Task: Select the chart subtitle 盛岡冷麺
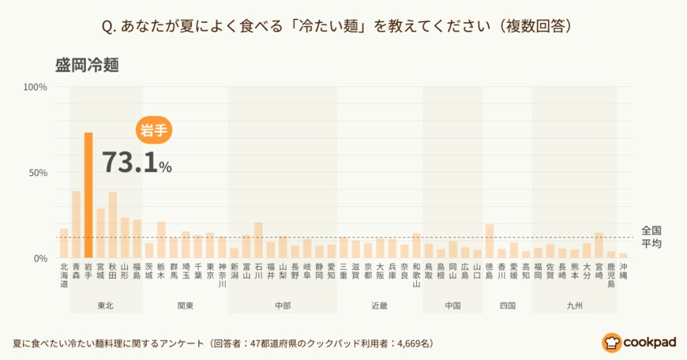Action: click(87, 65)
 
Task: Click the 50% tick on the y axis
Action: click(38, 172)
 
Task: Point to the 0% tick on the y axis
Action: click(40, 258)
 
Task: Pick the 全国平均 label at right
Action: click(651, 236)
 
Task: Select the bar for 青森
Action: click(77, 225)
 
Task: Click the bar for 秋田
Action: click(113, 225)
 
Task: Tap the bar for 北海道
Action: click(64, 243)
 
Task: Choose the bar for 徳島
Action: click(490, 241)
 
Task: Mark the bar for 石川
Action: click(258, 240)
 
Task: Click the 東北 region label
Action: click(106, 305)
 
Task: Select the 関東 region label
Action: click(186, 305)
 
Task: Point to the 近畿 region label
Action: click(380, 305)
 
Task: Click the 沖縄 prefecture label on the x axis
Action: click(623, 272)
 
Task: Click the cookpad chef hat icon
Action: click(612, 342)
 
